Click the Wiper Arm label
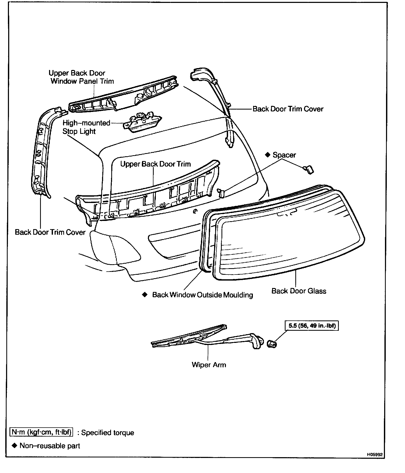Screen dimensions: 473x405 click(209, 365)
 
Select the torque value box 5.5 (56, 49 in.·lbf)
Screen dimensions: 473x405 click(312, 326)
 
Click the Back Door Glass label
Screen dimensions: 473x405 click(299, 291)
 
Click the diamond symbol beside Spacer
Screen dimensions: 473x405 click(268, 155)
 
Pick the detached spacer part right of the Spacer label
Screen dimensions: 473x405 click(308, 170)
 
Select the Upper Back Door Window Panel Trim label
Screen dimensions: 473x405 click(81, 77)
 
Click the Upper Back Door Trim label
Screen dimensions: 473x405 click(155, 164)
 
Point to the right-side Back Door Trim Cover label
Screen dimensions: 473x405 click(288, 109)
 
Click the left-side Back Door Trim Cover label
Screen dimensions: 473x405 click(50, 232)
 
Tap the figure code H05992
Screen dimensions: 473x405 click(374, 455)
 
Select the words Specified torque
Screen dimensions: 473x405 click(107, 433)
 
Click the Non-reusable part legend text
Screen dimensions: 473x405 click(50, 446)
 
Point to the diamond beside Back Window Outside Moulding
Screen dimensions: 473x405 click(144, 294)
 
